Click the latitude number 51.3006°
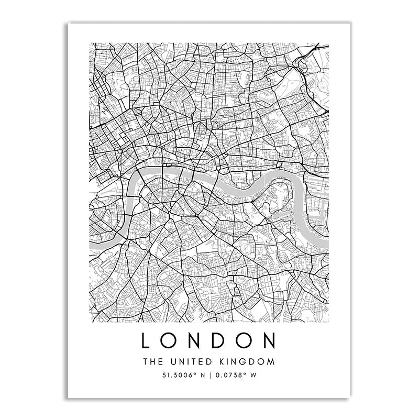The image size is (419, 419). click(x=178, y=374)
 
